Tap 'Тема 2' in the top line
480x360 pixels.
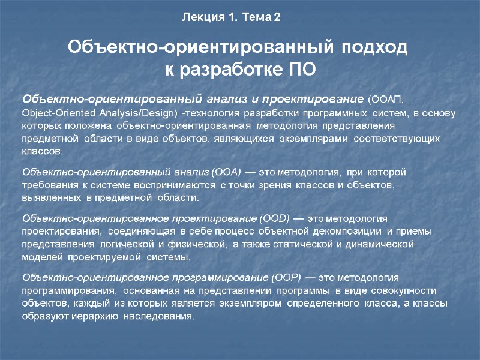pos(260,17)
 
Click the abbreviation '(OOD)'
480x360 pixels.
pos(276,218)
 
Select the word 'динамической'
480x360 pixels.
pos(389,244)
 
